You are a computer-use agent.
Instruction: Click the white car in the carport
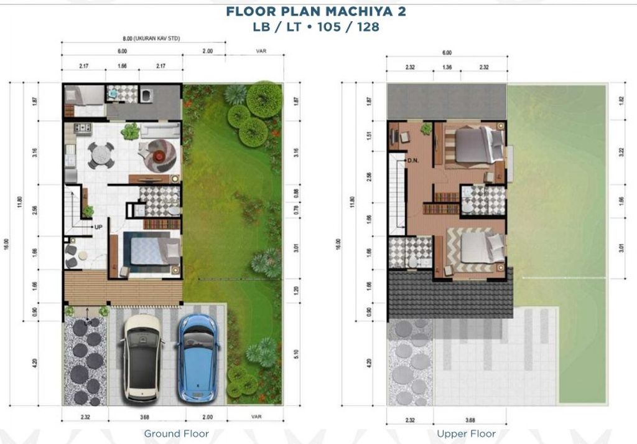[x=142, y=357]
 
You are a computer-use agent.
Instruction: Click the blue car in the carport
[x=197, y=357]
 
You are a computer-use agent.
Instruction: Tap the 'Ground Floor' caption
[x=176, y=433]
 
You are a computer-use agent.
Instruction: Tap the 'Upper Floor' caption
[x=466, y=433]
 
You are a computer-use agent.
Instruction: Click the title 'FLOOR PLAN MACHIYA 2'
[x=317, y=11]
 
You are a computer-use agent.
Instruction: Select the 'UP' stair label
[x=98, y=227]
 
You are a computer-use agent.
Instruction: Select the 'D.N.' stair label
[x=414, y=161]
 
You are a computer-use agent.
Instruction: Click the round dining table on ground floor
[x=101, y=155]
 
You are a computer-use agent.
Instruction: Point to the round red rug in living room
[x=160, y=154]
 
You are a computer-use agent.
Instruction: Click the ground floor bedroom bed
[x=149, y=250]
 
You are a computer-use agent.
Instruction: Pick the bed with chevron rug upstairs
[x=476, y=249]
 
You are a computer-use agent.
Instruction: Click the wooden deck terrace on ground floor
[x=123, y=287]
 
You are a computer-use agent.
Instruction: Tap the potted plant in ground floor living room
[x=131, y=131]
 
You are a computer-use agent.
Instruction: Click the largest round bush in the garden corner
[x=264, y=98]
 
